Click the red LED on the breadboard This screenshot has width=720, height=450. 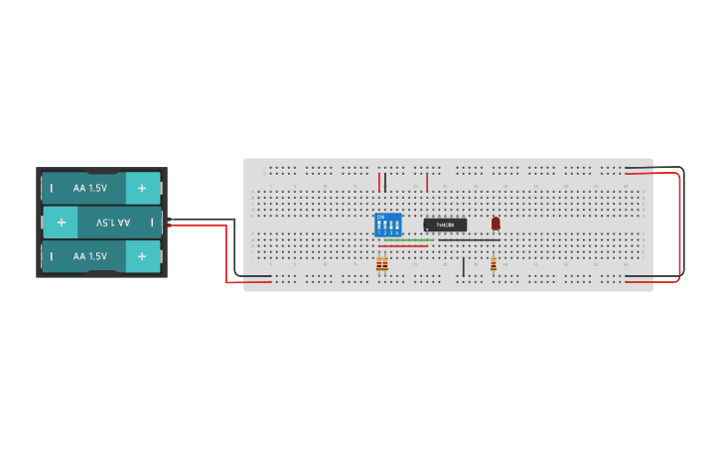coord(496,223)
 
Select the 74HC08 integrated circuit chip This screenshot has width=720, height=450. coord(445,225)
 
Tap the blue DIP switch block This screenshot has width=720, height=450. coord(387,225)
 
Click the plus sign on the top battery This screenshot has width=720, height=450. coord(142,187)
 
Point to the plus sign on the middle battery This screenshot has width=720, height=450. coord(61,222)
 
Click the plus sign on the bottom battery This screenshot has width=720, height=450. coord(142,256)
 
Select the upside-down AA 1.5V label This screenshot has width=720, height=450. coord(113,223)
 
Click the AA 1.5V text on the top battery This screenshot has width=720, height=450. coord(89,187)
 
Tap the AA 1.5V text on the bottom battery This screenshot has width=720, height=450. coord(89,256)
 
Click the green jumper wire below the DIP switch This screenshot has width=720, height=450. coord(407,239)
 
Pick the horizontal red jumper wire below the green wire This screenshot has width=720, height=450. coord(403,245)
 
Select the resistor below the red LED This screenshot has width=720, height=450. coord(494,264)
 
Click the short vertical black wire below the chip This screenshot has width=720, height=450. coord(463,266)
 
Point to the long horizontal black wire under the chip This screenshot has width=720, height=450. coord(467,239)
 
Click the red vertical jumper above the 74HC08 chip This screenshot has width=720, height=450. coord(427,182)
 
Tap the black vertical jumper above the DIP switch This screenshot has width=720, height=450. coord(385,182)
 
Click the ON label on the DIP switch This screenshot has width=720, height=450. coord(380,217)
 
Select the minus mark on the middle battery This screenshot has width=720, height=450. coord(151,222)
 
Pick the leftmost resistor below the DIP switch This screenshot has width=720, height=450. coord(379,264)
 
